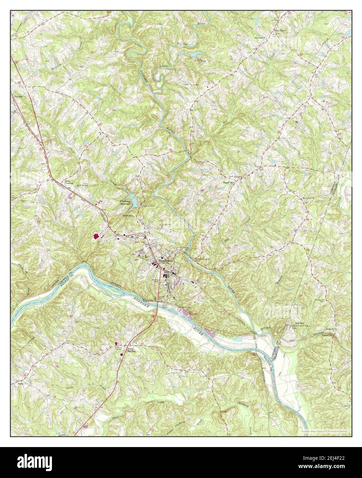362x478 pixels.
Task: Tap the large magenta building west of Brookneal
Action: point(96,236)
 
